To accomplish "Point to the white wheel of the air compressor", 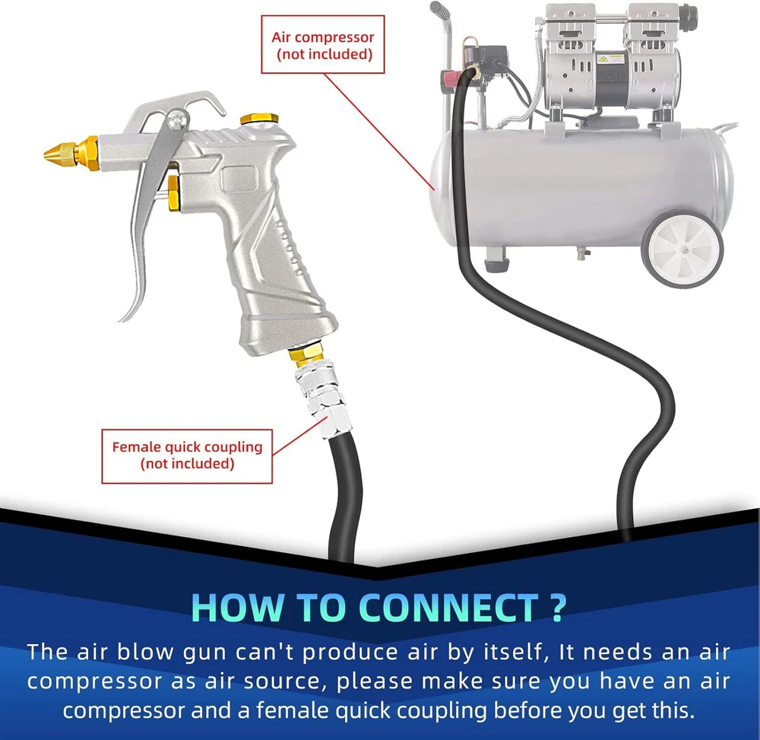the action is tap(682, 249).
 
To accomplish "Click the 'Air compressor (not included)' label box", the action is tap(323, 45).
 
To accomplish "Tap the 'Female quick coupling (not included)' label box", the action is tap(187, 456).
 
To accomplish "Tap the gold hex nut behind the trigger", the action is tap(173, 193).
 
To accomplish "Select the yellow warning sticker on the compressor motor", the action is tap(603, 59).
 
